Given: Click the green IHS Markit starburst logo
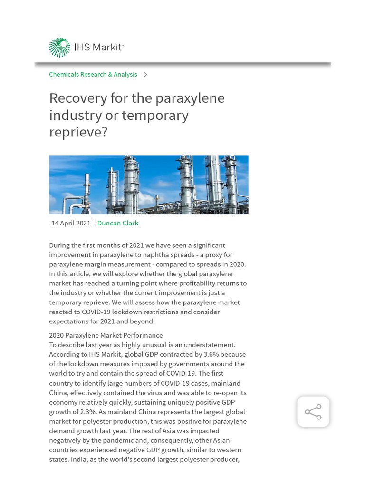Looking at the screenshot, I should pos(59,48).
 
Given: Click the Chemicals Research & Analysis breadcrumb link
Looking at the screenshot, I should pos(93,75).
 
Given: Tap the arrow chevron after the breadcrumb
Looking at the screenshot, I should pos(145,75).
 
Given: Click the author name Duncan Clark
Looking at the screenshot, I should pos(118,223).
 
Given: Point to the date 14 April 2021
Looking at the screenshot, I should pos(71,223).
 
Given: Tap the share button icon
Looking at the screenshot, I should pos(313,412).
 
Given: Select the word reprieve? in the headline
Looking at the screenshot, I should pos(78,133).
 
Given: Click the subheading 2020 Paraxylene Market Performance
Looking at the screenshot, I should pos(106,335).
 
